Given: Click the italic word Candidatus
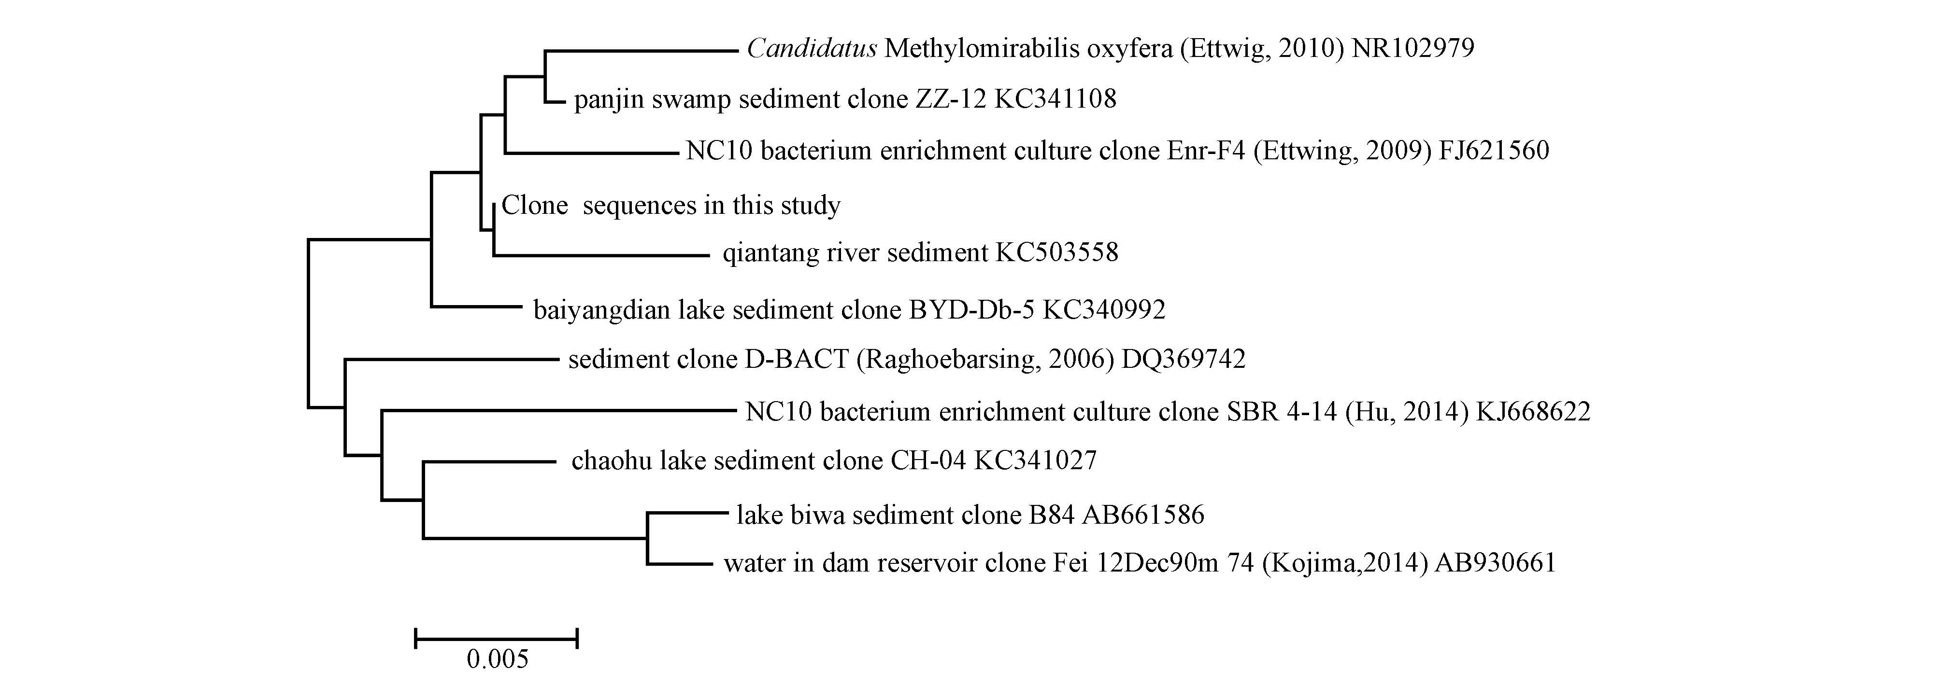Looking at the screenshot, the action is point(811,49).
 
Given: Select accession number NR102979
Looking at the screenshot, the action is point(1413,49).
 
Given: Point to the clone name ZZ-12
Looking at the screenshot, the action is point(950,98).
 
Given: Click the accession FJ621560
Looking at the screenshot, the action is point(1494,151).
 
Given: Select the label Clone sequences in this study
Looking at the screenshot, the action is point(670,205).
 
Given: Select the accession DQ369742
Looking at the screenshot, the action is point(1184,360).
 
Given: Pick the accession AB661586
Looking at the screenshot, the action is point(1143,515).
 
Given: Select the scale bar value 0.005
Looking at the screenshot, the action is point(497,660).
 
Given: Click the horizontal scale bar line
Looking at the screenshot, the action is point(496,640).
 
